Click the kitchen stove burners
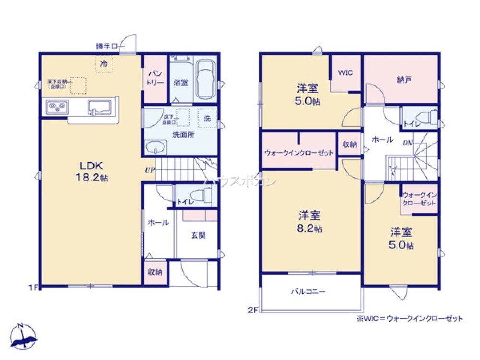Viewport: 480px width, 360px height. pyautogui.click(x=57, y=107)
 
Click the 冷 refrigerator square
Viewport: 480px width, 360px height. pyautogui.click(x=103, y=63)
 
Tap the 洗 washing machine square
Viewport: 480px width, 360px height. pyautogui.click(x=207, y=119)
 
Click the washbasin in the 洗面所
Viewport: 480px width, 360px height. pyautogui.click(x=155, y=147)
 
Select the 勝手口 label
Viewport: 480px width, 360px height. pyautogui.click(x=107, y=47)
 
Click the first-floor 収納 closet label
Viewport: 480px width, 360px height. pyautogui.click(x=155, y=272)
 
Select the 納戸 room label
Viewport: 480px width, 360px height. pyautogui.click(x=404, y=80)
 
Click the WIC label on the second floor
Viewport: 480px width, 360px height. pyautogui.click(x=346, y=73)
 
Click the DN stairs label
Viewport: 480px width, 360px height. pyautogui.click(x=407, y=142)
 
